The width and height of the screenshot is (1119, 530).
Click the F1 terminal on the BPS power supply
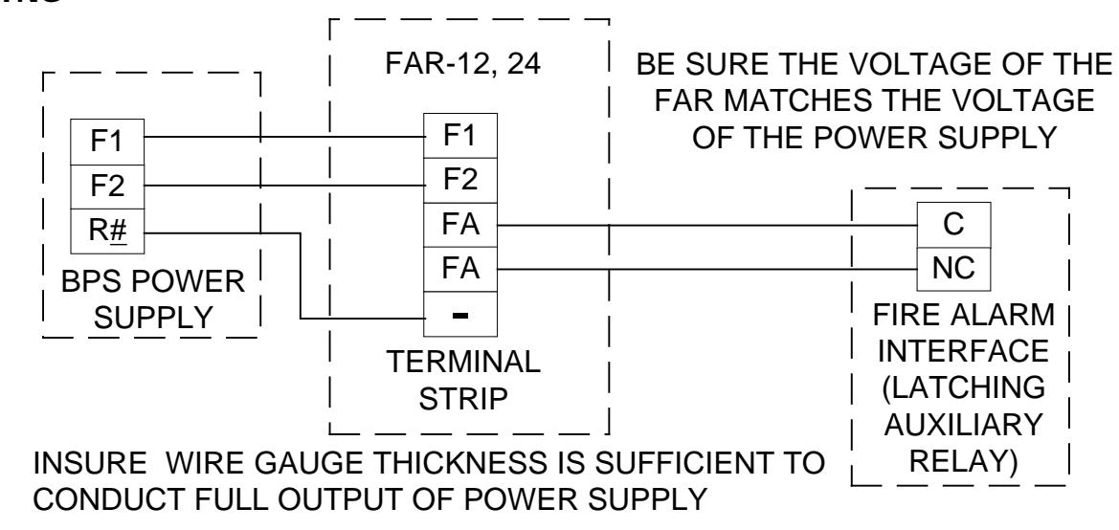(107, 142)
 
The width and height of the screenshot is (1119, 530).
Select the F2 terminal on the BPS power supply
(107, 187)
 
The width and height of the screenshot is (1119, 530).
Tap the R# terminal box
(107, 232)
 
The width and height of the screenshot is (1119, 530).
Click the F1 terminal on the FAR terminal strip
(460, 136)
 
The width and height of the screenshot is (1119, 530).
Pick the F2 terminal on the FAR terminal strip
(460, 180)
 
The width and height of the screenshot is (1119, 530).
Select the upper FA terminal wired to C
(460, 225)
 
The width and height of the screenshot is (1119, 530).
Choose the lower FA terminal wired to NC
(460, 270)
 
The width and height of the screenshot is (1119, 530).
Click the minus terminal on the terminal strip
(460, 314)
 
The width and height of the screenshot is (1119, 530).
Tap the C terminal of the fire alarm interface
(953, 225)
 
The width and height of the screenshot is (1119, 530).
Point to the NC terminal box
(953, 269)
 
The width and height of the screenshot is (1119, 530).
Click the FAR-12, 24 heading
(463, 64)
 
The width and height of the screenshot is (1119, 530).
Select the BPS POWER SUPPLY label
(153, 299)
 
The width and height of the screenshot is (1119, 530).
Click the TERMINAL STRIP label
(463, 380)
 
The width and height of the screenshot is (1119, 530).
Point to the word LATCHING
(963, 387)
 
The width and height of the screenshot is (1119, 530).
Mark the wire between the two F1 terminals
(284, 136)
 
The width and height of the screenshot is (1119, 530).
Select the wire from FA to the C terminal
(707, 225)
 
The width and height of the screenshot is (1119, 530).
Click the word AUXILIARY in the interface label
(963, 425)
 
